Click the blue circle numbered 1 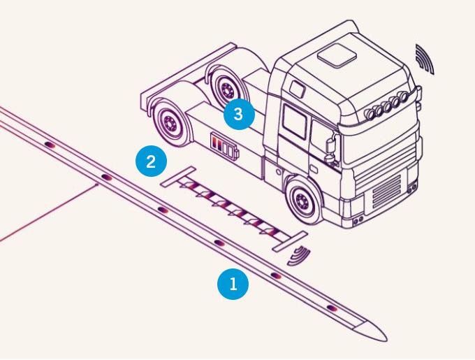pos(233,285)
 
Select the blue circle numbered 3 pos(238,114)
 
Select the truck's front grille pos(386,190)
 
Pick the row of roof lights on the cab pos(386,106)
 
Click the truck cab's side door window pos(295,121)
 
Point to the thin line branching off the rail pos(42,217)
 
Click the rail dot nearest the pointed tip pos(333,308)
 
